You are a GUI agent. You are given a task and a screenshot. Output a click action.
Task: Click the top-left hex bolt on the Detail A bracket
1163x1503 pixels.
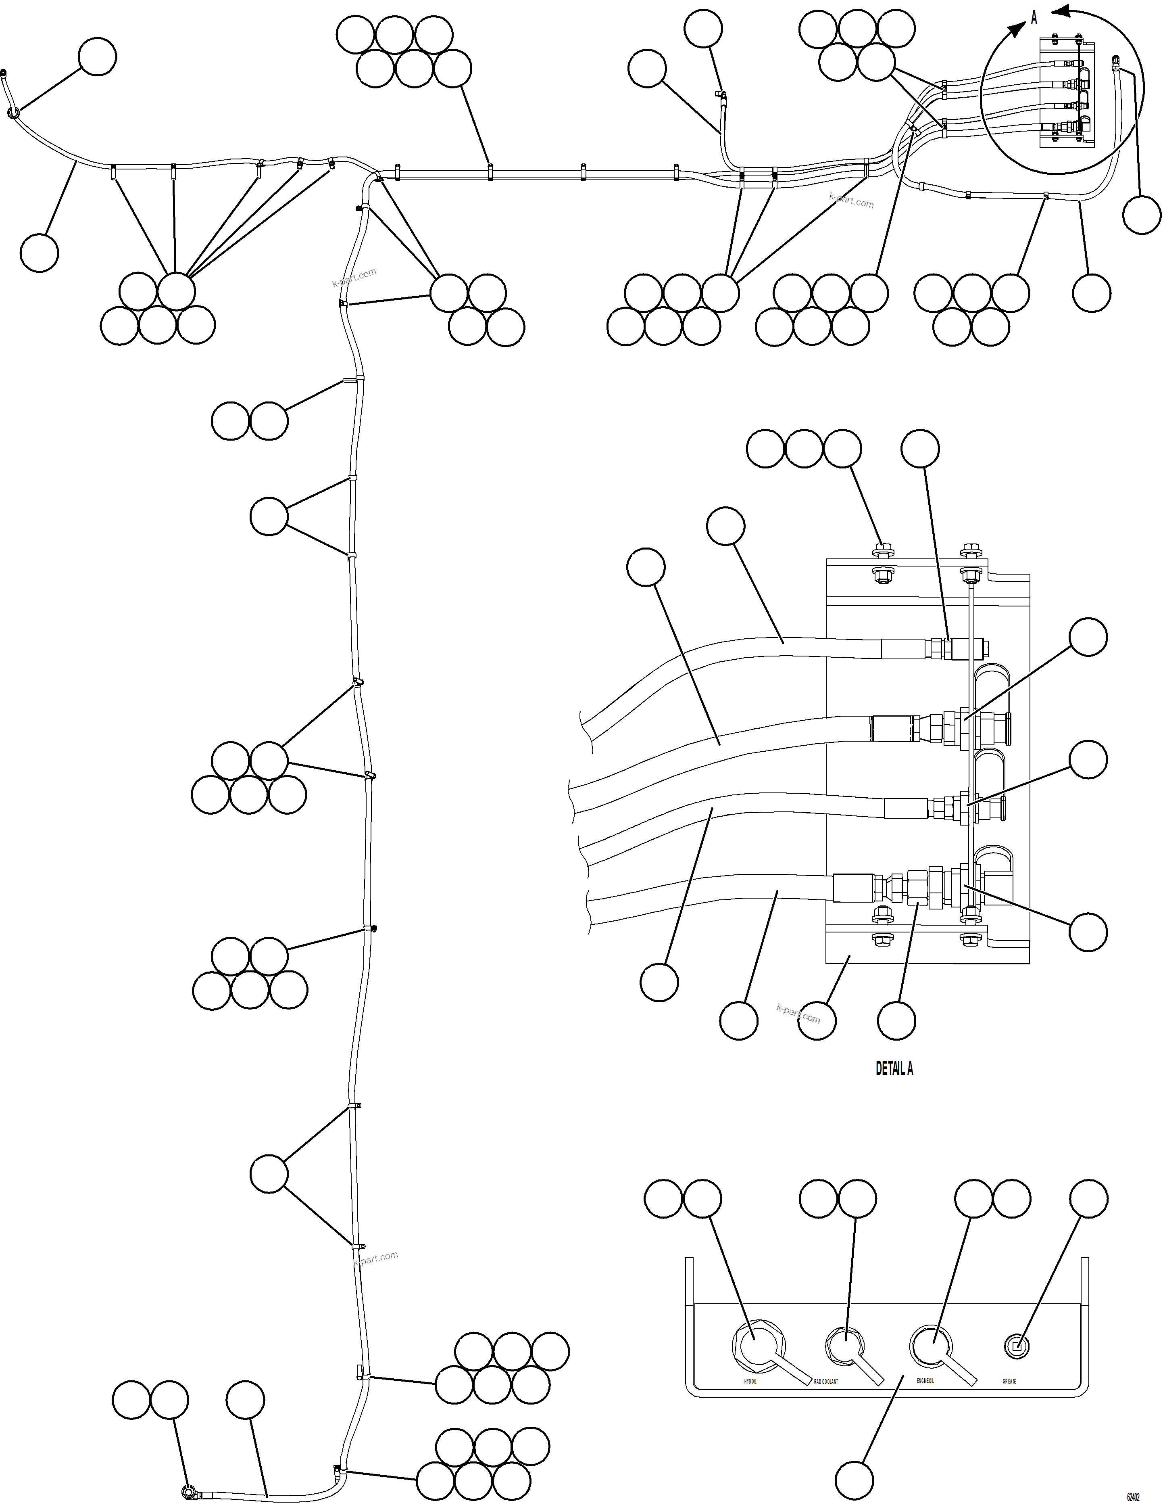click(x=880, y=550)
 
